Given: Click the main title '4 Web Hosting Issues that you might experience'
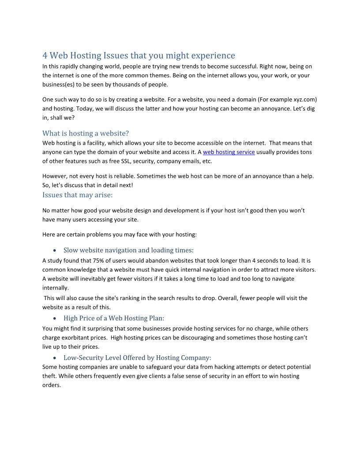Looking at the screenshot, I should (x=139, y=56).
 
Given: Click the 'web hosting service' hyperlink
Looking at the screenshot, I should (x=229, y=152).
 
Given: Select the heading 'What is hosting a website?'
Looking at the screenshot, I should (x=86, y=133).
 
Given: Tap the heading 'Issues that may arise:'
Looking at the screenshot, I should (x=78, y=195).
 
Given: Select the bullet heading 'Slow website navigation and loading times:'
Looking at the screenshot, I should (x=128, y=250).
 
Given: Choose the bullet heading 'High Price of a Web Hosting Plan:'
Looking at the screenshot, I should (x=114, y=318).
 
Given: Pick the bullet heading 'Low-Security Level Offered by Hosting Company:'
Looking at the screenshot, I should (x=137, y=358).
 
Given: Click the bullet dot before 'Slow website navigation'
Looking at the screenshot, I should (x=54, y=251).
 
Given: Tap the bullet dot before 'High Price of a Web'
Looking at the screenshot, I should (x=54, y=319).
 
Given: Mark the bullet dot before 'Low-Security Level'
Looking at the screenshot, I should (x=54, y=358).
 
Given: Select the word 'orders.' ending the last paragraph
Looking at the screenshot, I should (x=52, y=385).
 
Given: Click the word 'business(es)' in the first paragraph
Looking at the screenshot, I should (x=60, y=85).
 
